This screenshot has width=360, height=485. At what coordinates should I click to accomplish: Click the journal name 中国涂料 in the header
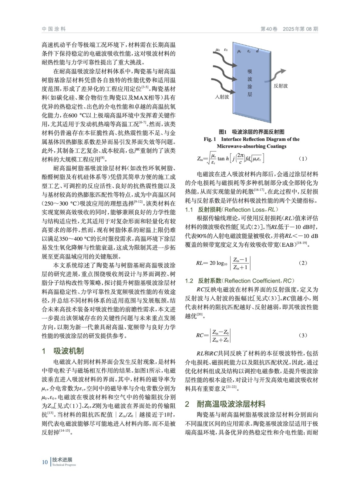pos(53,29)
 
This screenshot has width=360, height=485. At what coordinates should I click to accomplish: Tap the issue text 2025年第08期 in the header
pos(300,29)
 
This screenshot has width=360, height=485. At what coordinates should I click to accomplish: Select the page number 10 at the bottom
pos(45,462)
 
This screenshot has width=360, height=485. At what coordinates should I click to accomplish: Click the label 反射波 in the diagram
pos(281,86)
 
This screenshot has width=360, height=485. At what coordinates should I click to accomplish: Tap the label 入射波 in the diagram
pos(222,97)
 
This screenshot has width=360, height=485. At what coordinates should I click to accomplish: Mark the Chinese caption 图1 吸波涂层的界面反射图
pos(251,132)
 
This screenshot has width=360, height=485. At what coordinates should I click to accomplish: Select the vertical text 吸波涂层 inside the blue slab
pos(250,83)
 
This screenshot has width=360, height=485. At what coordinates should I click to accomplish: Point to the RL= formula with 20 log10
pos(223,263)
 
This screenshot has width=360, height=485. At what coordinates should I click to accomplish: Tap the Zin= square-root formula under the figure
pos(230,158)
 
